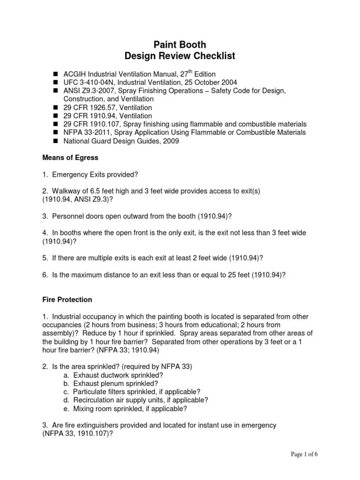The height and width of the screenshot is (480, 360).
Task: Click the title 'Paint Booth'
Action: pos(180,45)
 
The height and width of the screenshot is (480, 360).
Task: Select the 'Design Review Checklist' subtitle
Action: pos(180,57)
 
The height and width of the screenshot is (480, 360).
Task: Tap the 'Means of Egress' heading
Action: pos(70,158)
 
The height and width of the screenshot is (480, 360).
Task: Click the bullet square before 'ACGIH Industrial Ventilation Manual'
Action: pos(55,74)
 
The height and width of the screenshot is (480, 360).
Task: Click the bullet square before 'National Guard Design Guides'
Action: pos(55,141)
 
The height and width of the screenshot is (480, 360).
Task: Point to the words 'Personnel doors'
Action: pos(76,216)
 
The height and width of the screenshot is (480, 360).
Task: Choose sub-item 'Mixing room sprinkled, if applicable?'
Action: pos(130,408)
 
